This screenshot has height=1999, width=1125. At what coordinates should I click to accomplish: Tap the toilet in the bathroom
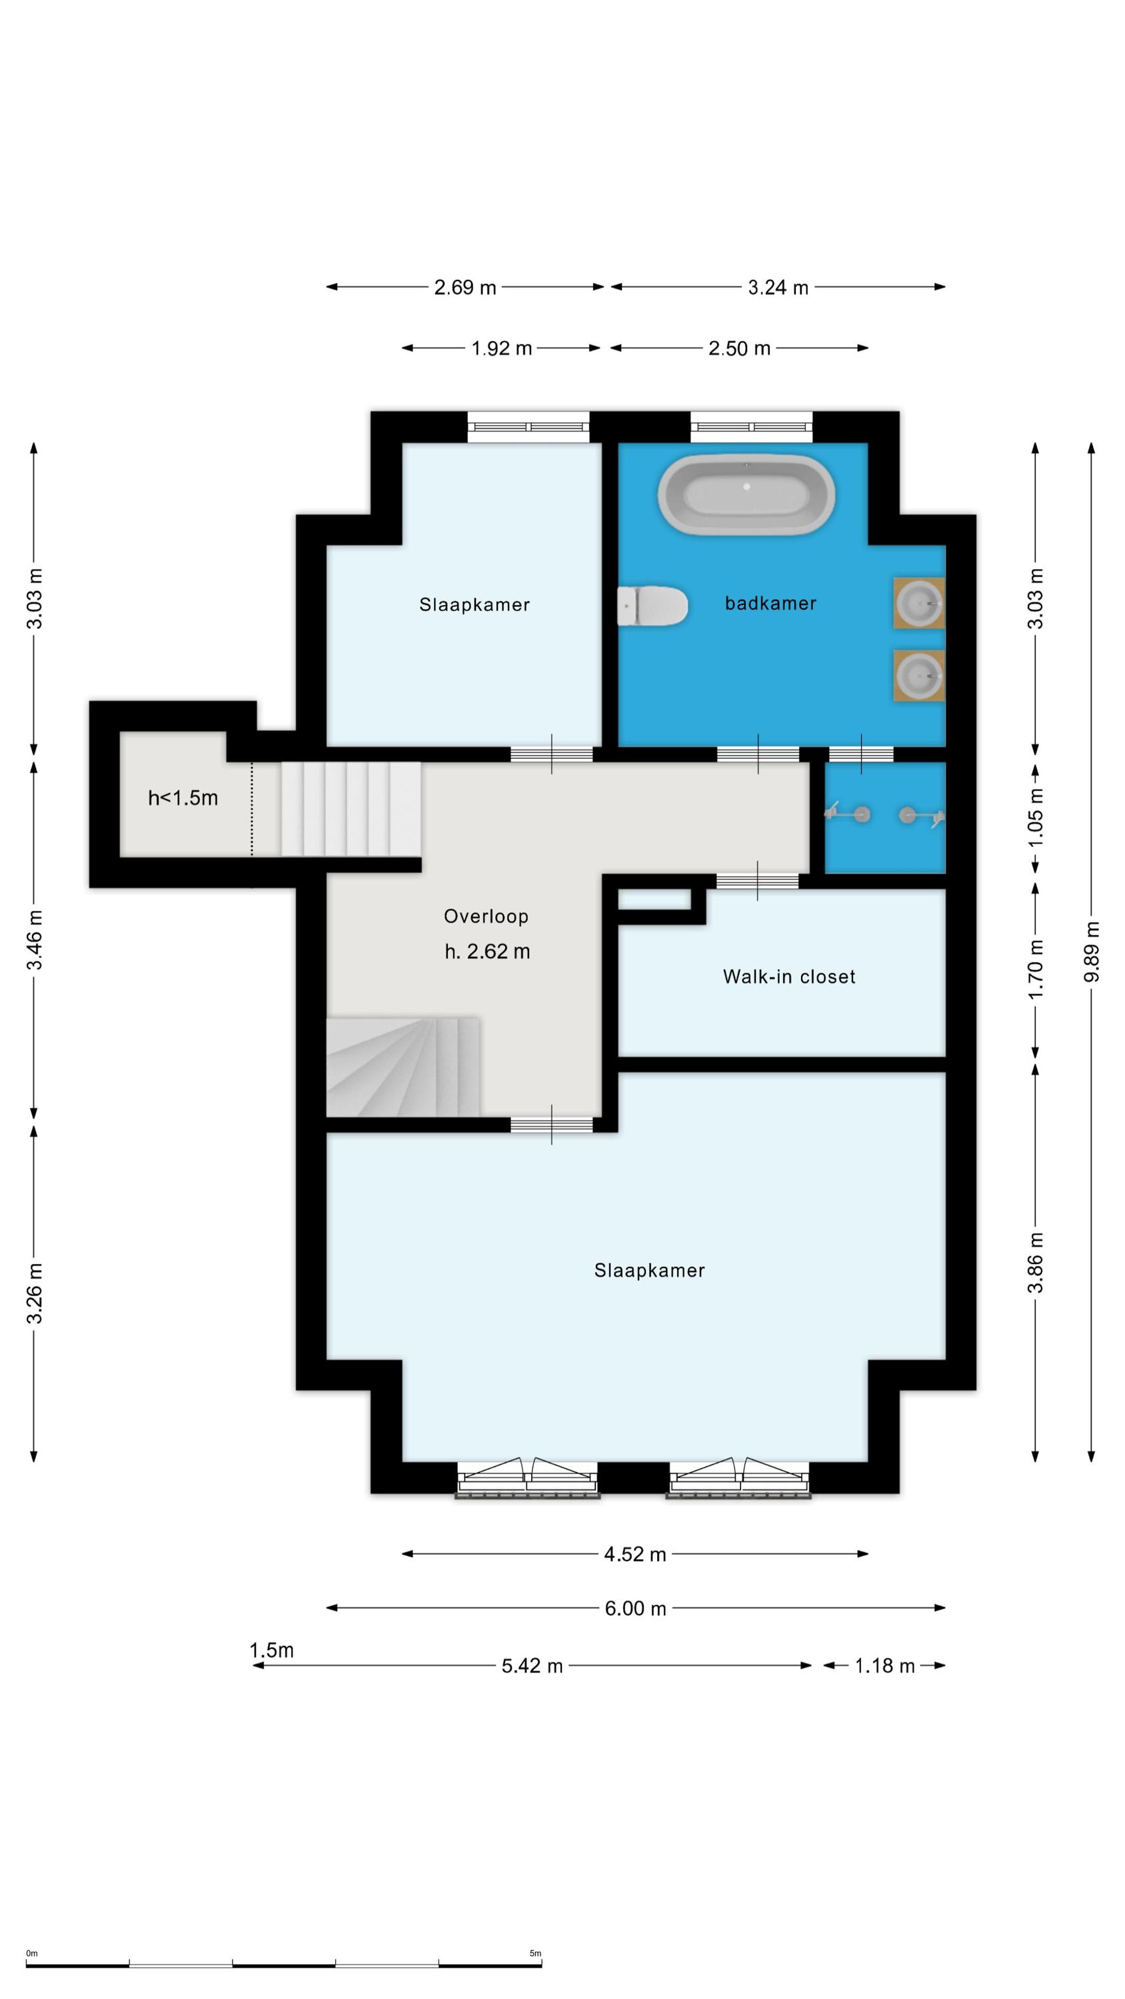coord(652,606)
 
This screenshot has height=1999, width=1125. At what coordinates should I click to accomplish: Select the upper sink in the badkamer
coord(918,602)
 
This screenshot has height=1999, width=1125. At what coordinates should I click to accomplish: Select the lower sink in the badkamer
coord(918,676)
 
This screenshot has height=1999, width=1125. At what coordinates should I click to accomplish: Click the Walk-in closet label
coord(789,976)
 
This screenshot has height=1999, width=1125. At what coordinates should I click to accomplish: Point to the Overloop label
coord(486,916)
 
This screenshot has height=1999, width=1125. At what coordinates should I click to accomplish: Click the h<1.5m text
coord(183,798)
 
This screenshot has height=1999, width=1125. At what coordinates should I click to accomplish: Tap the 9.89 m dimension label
coord(1092,952)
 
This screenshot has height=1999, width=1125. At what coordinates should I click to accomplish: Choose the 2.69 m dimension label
coord(465,288)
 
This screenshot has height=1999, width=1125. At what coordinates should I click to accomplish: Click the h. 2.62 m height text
coord(488,952)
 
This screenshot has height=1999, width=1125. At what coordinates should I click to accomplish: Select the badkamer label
coord(770,603)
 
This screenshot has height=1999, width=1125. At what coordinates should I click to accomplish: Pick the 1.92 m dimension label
coord(502,348)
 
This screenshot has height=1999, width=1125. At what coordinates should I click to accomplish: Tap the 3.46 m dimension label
coord(35,940)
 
